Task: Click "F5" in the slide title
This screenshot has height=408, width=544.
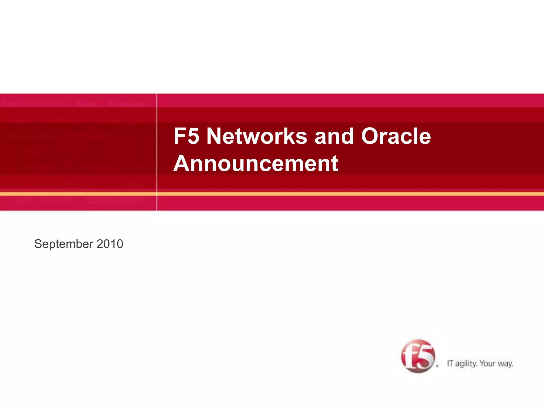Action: point(186,136)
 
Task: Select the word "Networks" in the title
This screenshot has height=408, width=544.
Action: point(257,136)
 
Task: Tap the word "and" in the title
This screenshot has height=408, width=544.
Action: point(334,136)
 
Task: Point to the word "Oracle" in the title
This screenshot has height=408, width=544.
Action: point(396,136)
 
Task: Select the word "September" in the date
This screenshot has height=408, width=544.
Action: point(64,244)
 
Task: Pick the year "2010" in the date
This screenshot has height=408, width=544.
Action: point(110,244)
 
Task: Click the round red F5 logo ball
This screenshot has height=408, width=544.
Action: point(418,356)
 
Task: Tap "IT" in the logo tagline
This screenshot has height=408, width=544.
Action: point(450,363)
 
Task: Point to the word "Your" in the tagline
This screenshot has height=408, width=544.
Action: point(487,363)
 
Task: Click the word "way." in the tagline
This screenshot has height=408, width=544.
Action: point(505,364)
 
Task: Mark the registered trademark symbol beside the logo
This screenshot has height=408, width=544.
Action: point(437,366)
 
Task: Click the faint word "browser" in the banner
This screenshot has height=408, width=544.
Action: point(126,103)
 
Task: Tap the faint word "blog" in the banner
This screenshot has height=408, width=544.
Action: point(87,103)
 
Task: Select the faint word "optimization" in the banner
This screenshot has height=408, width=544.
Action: point(114,200)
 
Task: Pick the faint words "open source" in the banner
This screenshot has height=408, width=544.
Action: point(43,200)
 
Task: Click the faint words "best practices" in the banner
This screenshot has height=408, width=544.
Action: point(33,103)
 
